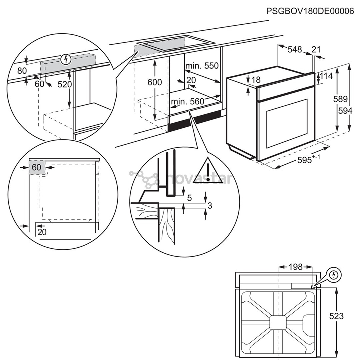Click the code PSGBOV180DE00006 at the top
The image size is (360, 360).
[310, 11]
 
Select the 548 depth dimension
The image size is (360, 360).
[294, 50]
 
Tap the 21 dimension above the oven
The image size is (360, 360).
[316, 50]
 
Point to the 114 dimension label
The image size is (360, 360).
[326, 76]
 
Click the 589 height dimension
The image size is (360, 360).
[341, 99]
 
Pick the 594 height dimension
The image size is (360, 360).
[345, 111]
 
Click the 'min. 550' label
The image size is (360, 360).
[202, 66]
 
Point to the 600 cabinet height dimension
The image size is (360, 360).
[155, 82]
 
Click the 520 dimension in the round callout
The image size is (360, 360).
[64, 85]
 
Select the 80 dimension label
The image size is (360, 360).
[22, 71]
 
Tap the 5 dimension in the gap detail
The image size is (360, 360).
[190, 198]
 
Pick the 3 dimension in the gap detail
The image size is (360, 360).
[210, 206]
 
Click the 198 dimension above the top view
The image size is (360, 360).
[295, 267]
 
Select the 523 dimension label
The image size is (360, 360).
[336, 316]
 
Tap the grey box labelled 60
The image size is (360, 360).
[36, 167]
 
